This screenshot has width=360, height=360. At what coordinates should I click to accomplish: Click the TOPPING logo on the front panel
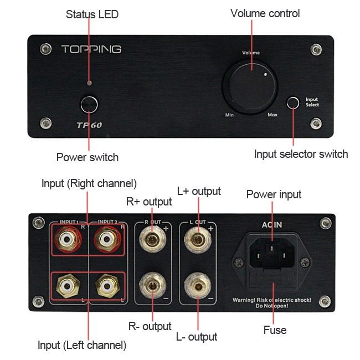[x=91, y=49]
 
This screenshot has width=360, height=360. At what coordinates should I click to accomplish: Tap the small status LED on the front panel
[x=90, y=83]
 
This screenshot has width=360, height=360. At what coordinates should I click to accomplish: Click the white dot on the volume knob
[x=266, y=74]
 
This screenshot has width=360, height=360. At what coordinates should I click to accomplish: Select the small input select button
[x=293, y=102]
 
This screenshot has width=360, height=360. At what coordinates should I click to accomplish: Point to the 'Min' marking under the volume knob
[x=229, y=115]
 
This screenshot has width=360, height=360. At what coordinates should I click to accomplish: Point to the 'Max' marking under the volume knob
[x=272, y=114]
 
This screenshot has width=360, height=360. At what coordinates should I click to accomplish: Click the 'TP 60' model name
[x=89, y=125]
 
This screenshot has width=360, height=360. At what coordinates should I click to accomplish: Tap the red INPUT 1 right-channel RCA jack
[x=68, y=239]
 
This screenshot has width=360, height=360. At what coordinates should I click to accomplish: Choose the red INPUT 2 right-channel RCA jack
[x=107, y=239]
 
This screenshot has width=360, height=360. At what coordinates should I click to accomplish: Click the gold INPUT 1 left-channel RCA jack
[x=68, y=286]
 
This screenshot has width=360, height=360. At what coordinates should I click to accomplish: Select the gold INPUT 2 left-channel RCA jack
[x=107, y=286]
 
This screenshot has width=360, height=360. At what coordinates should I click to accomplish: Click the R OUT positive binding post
[x=152, y=240]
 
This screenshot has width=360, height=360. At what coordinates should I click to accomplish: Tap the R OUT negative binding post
[x=152, y=286]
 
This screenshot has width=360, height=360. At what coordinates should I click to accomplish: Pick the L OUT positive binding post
[x=198, y=240]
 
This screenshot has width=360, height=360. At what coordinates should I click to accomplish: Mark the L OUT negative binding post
[x=198, y=286]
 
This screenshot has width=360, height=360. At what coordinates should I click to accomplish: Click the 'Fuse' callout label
[x=275, y=330]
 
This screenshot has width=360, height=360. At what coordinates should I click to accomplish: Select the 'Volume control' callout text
[x=265, y=13]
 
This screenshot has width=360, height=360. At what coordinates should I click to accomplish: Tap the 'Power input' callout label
[x=274, y=195]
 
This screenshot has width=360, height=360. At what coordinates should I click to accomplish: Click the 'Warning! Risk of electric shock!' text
[x=272, y=300]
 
